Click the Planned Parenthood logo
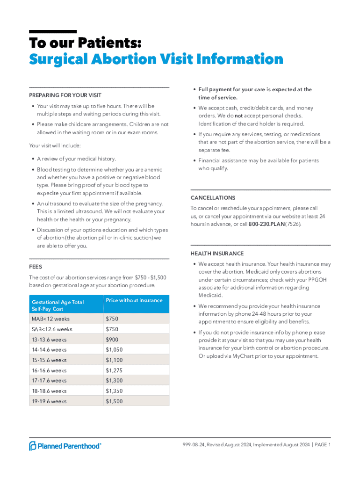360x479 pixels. [65, 446]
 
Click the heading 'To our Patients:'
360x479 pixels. [85, 43]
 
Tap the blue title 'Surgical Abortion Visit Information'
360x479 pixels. [156, 59]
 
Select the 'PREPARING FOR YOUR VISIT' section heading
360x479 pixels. [65, 95]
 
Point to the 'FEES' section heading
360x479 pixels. [36, 267]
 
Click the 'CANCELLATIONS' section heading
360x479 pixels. [213, 198]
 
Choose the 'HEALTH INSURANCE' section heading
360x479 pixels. [217, 254]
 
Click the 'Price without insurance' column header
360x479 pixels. [134, 300]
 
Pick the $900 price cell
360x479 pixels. [112, 340]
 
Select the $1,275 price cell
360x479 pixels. [115, 370]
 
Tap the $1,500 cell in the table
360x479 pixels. [115, 401]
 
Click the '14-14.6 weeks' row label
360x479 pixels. [49, 350]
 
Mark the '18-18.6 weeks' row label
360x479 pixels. [49, 391]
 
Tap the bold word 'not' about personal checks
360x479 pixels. [238, 116]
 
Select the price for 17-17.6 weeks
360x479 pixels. [115, 381]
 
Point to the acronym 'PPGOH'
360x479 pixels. [321, 280]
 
